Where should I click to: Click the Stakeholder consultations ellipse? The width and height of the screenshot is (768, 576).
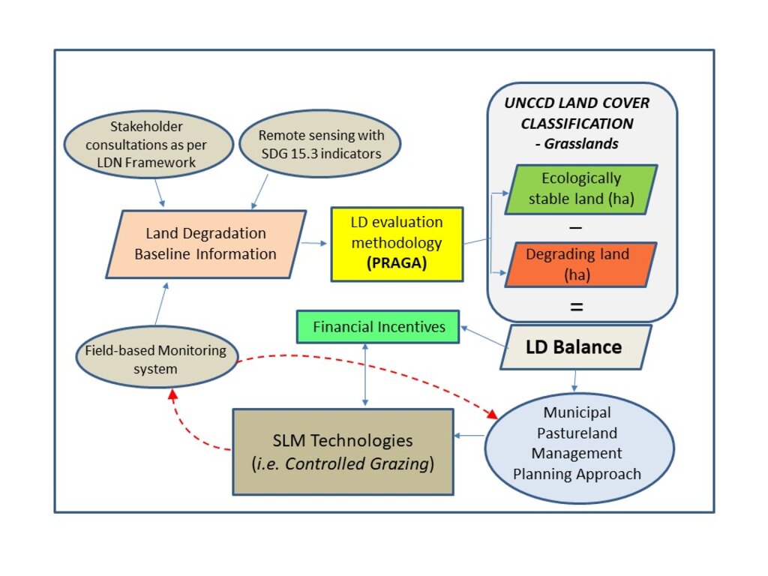pyautogui.click(x=150, y=145)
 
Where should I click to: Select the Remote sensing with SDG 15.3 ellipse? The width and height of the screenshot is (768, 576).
pyautogui.click(x=321, y=144)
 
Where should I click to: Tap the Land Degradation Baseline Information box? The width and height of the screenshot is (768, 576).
pyautogui.click(x=205, y=244)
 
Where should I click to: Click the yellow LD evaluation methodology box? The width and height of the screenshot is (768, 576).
pyautogui.click(x=397, y=244)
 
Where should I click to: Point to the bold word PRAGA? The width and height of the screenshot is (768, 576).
pyautogui.click(x=397, y=264)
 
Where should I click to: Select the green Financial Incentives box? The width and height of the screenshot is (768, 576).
pyautogui.click(x=378, y=327)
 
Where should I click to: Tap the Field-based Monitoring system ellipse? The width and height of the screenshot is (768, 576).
pyautogui.click(x=156, y=358)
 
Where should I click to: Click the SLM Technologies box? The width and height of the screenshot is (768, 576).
pyautogui.click(x=343, y=451)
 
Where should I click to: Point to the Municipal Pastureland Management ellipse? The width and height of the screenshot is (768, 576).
pyautogui.click(x=576, y=443)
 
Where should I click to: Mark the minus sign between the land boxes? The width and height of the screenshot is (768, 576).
pyautogui.click(x=577, y=226)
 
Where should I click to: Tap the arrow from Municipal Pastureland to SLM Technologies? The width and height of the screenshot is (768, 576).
pyautogui.click(x=469, y=436)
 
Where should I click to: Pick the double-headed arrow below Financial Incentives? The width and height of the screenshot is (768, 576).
pyautogui.click(x=364, y=375)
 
